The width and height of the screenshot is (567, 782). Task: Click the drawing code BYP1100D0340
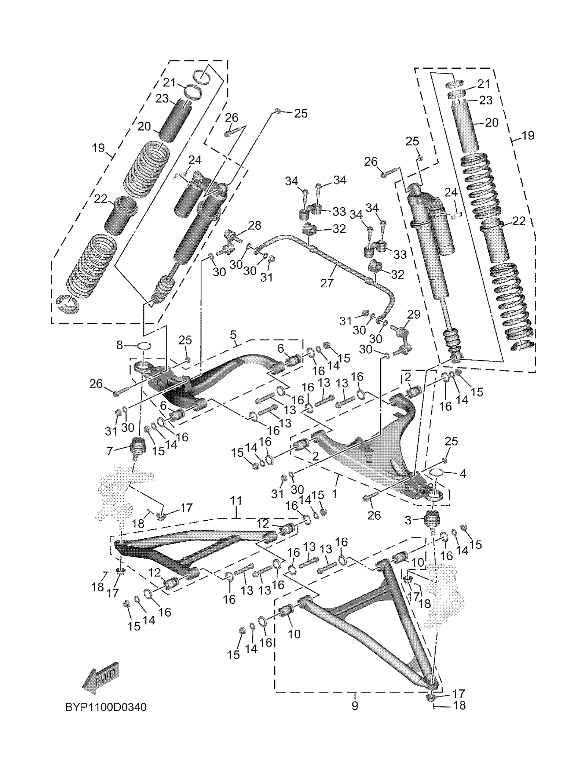click(106, 707)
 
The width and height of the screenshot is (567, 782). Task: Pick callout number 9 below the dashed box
click(355, 706)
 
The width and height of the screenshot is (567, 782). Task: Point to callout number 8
click(119, 344)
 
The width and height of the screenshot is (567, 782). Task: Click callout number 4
click(463, 473)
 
